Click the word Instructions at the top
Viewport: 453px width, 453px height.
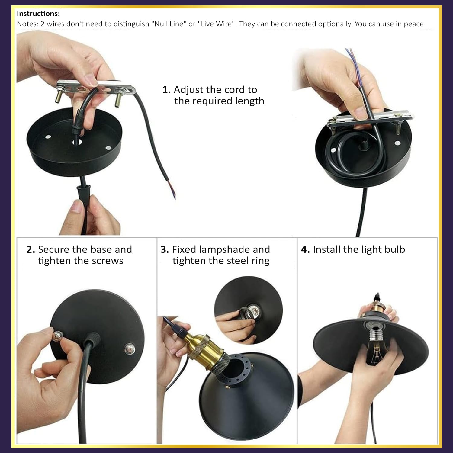point(38,14)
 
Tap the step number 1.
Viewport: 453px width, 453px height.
point(166,90)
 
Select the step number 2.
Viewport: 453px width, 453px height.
point(31,249)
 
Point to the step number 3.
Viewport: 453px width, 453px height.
point(165,249)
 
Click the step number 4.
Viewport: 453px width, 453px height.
point(305,249)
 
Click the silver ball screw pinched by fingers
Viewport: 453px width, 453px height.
point(57,336)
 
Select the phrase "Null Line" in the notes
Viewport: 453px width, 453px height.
point(169,24)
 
